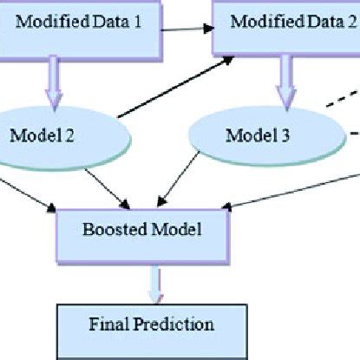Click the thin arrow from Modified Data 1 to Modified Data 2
186,29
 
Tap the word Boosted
112,232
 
